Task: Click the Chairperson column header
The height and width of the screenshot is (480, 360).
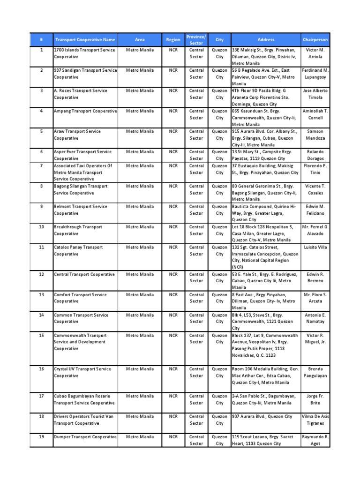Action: (x=315, y=40)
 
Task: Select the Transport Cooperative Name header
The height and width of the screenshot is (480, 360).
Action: (x=85, y=40)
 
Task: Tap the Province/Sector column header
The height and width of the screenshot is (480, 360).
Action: (x=196, y=40)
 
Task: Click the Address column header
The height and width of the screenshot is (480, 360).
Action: (x=266, y=40)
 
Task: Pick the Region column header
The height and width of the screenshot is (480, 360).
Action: (x=173, y=40)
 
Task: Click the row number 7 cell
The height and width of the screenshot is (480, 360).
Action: (x=41, y=165)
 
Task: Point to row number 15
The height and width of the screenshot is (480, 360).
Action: (x=41, y=336)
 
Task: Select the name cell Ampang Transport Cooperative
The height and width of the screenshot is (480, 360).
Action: (x=85, y=111)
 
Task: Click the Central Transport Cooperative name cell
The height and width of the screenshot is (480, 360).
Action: (x=85, y=274)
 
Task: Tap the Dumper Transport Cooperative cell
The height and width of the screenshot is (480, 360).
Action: (x=85, y=437)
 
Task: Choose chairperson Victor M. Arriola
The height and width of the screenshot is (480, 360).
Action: (x=315, y=53)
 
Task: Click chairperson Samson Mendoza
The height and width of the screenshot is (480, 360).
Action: (x=315, y=135)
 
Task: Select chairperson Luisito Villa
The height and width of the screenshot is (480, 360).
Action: (x=315, y=247)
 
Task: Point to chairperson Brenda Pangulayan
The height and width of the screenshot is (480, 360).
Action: (x=315, y=372)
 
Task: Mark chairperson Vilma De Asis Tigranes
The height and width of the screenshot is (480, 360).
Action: (x=315, y=420)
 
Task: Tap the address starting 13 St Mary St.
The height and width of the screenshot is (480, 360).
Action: (x=265, y=155)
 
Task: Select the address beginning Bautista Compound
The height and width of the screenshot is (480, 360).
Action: (x=265, y=213)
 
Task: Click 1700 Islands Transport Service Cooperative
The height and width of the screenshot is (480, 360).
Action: (x=85, y=53)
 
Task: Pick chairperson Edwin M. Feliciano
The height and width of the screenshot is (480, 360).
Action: (x=315, y=210)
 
